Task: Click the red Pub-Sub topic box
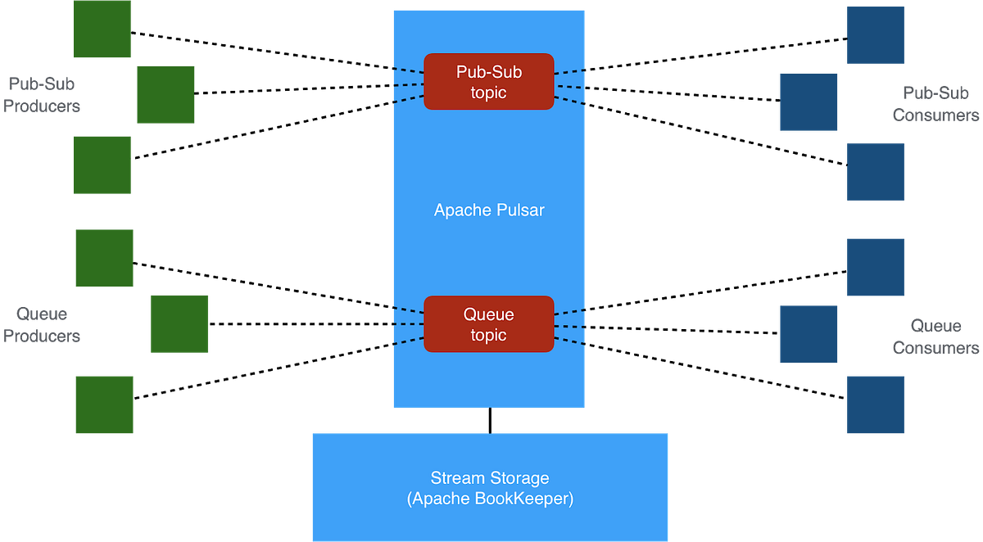[x=489, y=81]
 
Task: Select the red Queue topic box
[x=489, y=324]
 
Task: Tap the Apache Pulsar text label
[x=489, y=210]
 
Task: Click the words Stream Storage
[x=490, y=478]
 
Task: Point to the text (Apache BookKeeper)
[x=490, y=499]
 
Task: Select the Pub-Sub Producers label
[x=43, y=95]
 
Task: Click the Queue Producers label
[x=43, y=325]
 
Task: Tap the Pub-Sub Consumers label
[x=935, y=104]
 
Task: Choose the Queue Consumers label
[x=935, y=336]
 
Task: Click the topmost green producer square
[x=102, y=29]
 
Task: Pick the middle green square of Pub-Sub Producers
[x=165, y=95]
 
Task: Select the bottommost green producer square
[x=104, y=404]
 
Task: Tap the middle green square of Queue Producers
[x=179, y=323]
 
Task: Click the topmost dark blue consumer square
[x=875, y=35]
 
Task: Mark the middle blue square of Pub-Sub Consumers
[x=808, y=102]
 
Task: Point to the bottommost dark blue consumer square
[x=875, y=404]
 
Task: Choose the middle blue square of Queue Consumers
[x=808, y=333]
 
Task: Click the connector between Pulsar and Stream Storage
[x=489, y=420]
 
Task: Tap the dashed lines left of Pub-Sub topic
[x=407, y=85]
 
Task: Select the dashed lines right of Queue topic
[x=571, y=327]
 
